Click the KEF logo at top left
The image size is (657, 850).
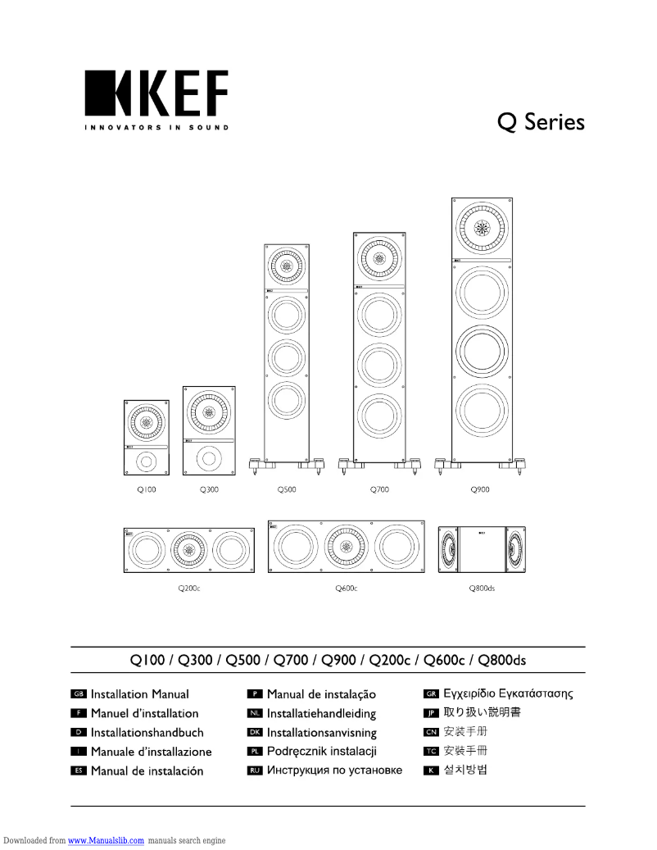pyautogui.click(x=156, y=98)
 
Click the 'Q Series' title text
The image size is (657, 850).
pyautogui.click(x=541, y=122)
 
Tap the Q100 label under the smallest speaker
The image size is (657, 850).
pyautogui.click(x=146, y=489)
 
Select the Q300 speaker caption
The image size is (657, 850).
pyautogui.click(x=209, y=489)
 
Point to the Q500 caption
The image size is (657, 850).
pyautogui.click(x=287, y=489)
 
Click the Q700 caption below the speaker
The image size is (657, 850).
pyautogui.click(x=379, y=489)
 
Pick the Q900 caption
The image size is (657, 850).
pyautogui.click(x=480, y=489)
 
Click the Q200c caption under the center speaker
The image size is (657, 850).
pyautogui.click(x=189, y=588)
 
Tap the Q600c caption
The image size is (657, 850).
pyautogui.click(x=347, y=588)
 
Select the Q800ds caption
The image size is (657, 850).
pyautogui.click(x=482, y=588)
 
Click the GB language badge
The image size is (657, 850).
pyautogui.click(x=79, y=694)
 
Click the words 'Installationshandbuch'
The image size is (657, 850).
pyautogui.click(x=147, y=733)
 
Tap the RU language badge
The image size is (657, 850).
pyautogui.click(x=254, y=770)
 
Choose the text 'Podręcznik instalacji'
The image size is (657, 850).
pyautogui.click(x=321, y=752)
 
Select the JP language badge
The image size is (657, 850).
pyautogui.click(x=431, y=713)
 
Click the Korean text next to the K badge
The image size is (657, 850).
pyautogui.click(x=465, y=770)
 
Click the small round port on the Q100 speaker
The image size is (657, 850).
pyautogui.click(x=146, y=461)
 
